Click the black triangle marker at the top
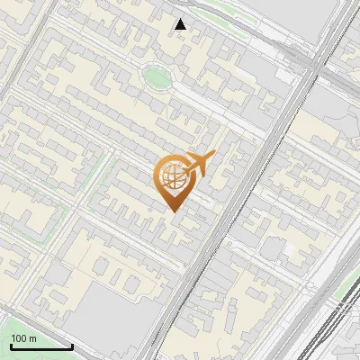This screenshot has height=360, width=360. point(181,24)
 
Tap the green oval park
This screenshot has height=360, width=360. point(157,76)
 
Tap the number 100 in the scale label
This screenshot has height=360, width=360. point(20,338)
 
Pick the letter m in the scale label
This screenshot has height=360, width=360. point(32,338)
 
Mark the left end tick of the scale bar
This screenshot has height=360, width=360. point(11,346)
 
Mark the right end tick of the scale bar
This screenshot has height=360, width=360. point(72,346)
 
